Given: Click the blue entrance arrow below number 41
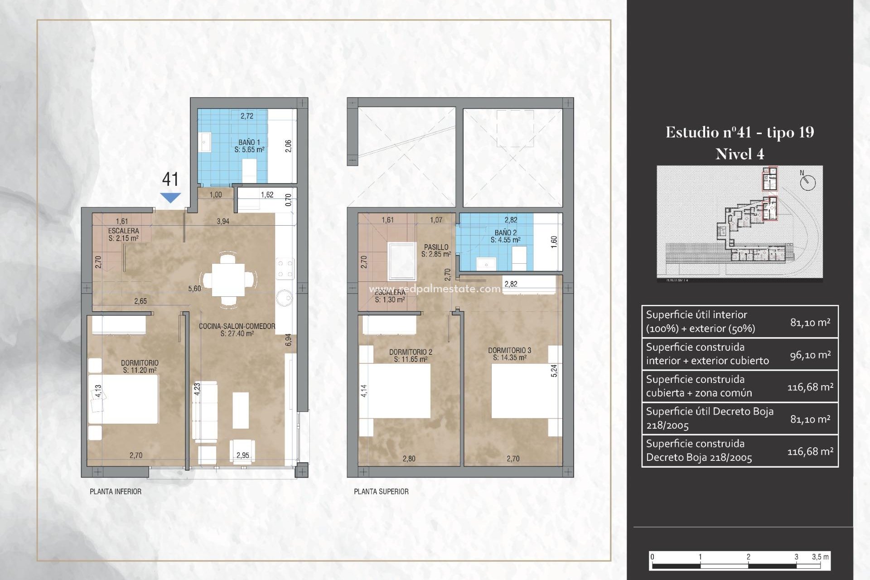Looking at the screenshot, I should pos(170,198).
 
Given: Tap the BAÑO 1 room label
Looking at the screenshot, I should pos(249,145).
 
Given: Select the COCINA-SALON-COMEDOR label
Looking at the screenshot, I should pos(237,329).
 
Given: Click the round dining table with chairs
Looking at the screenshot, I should pos(229,280).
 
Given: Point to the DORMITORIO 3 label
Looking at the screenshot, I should pos(509,353).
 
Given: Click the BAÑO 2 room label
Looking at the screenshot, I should pos(505,236).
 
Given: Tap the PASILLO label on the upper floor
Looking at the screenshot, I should pos(436,250).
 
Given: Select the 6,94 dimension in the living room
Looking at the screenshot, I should pos(288,340).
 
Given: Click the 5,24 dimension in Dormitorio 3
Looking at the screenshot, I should pos(554,371).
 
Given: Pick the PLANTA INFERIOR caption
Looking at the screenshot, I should pos(116,492).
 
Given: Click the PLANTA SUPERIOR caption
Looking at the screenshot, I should pos(381,492).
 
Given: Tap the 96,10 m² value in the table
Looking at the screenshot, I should pos(810,355).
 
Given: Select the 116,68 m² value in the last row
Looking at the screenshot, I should pos(810,451).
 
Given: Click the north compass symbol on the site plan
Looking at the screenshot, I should pos(807,182).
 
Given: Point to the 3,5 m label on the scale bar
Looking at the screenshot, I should pos(820,557).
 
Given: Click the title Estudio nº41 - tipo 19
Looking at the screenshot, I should pos(739,132).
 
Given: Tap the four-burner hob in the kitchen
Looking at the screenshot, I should pos(285,268).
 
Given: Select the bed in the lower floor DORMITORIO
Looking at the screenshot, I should pos(123,399).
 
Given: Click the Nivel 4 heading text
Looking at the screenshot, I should pos(739,155).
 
